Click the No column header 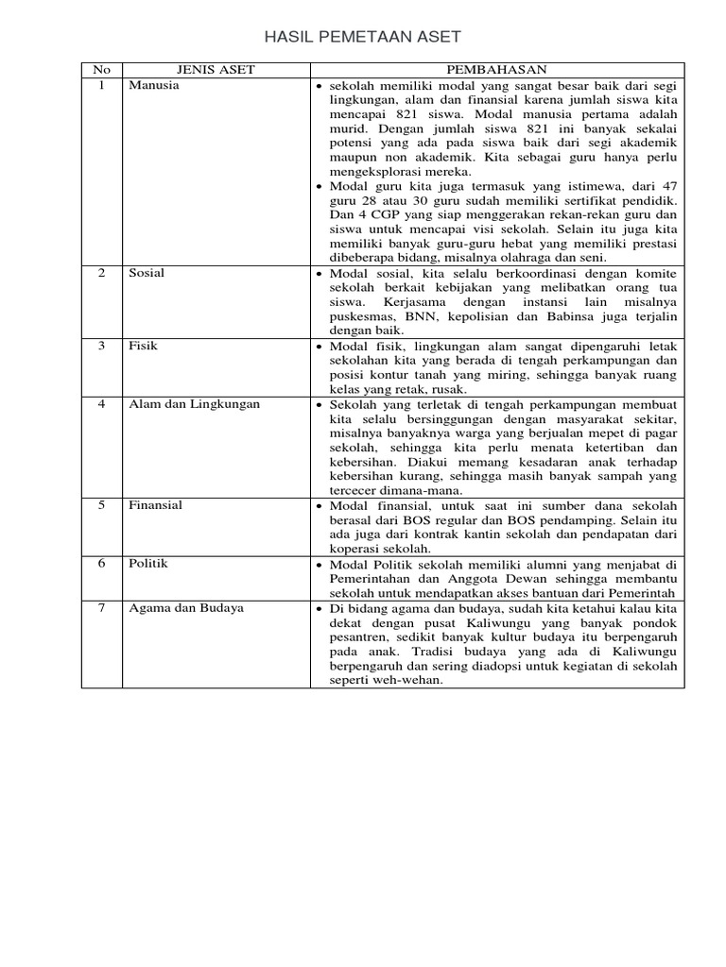(x=102, y=70)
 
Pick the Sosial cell (x=147, y=273)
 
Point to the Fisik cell (x=143, y=346)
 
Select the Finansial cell (x=156, y=505)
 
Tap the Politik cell (x=148, y=564)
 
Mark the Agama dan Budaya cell (x=186, y=608)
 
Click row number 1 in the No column (x=102, y=85)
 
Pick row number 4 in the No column (x=102, y=404)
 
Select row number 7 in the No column (x=102, y=608)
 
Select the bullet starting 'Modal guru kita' (x=320, y=186)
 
